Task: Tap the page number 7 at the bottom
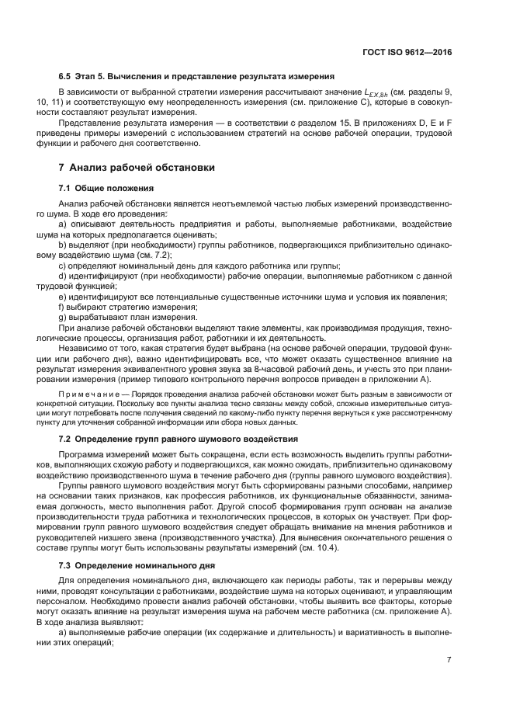449,660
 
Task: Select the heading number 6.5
66,77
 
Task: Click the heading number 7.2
66,439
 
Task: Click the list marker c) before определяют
62,266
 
